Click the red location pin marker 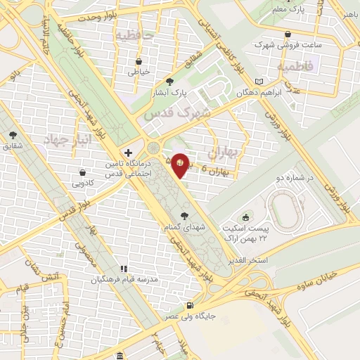pyautogui.click(x=181, y=165)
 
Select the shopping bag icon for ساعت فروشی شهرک pyautogui.click(x=288, y=34)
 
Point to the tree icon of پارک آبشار pyautogui.click(x=170, y=82)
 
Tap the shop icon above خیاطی pyautogui.click(x=139, y=60)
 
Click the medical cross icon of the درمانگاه pyautogui.click(x=128, y=152)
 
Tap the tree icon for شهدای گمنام pyautogui.click(x=185, y=215)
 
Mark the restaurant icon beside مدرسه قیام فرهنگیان pyautogui.click(x=124, y=269)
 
